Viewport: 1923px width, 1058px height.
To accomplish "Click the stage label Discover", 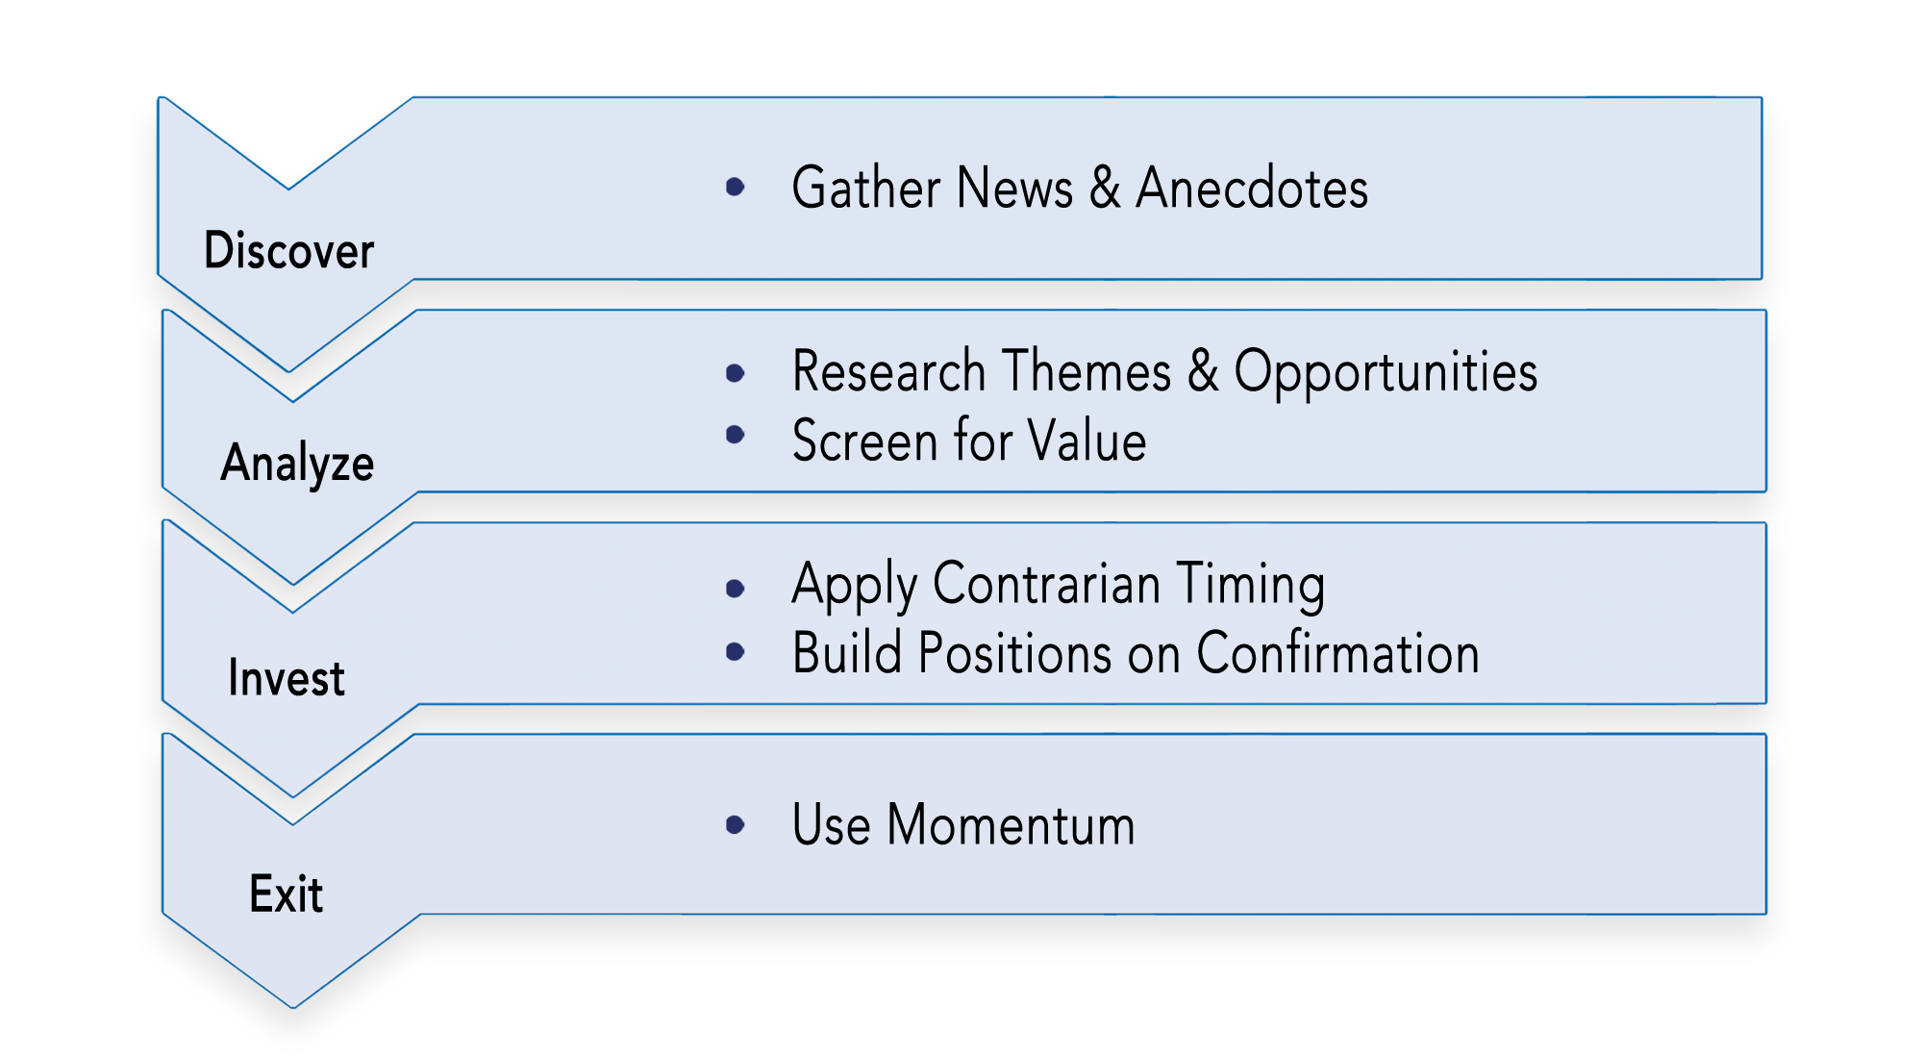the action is pyautogui.click(x=288, y=250).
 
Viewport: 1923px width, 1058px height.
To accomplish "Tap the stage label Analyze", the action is pyautogui.click(x=297, y=464).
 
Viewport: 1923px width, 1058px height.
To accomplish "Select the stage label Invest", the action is pyautogui.click(x=287, y=677).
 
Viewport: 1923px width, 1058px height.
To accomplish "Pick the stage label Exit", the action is pyautogui.click(x=286, y=894).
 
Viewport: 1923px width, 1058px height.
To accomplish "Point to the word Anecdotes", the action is pyautogui.click(x=1252, y=187).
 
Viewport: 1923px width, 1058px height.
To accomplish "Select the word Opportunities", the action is pyautogui.click(x=1386, y=371).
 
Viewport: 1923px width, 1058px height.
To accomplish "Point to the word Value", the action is pyautogui.click(x=1086, y=441).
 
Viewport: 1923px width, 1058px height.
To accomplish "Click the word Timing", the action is pyautogui.click(x=1251, y=585).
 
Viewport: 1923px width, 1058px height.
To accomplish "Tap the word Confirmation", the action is pyautogui.click(x=1337, y=653).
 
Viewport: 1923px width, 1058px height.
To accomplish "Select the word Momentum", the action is pyautogui.click(x=1011, y=824).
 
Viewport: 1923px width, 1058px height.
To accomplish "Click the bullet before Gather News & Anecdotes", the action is pyautogui.click(x=736, y=187).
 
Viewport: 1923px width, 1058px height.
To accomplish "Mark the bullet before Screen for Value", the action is pyautogui.click(x=736, y=435).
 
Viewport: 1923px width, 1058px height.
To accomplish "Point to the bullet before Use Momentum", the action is pyautogui.click(x=736, y=824).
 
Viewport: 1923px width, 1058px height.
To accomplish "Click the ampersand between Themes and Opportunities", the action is pyautogui.click(x=1203, y=370).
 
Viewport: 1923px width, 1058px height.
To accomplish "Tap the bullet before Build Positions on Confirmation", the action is pyautogui.click(x=736, y=652).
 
